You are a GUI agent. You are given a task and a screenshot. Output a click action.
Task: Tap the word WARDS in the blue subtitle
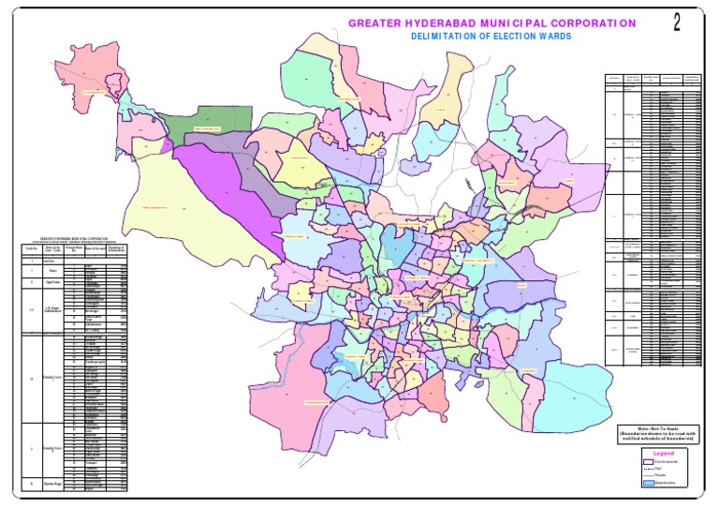551,37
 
